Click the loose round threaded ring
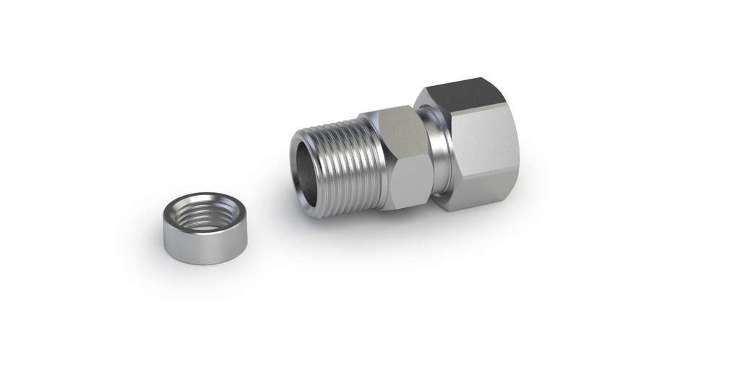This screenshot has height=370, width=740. pyautogui.click(x=199, y=230)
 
